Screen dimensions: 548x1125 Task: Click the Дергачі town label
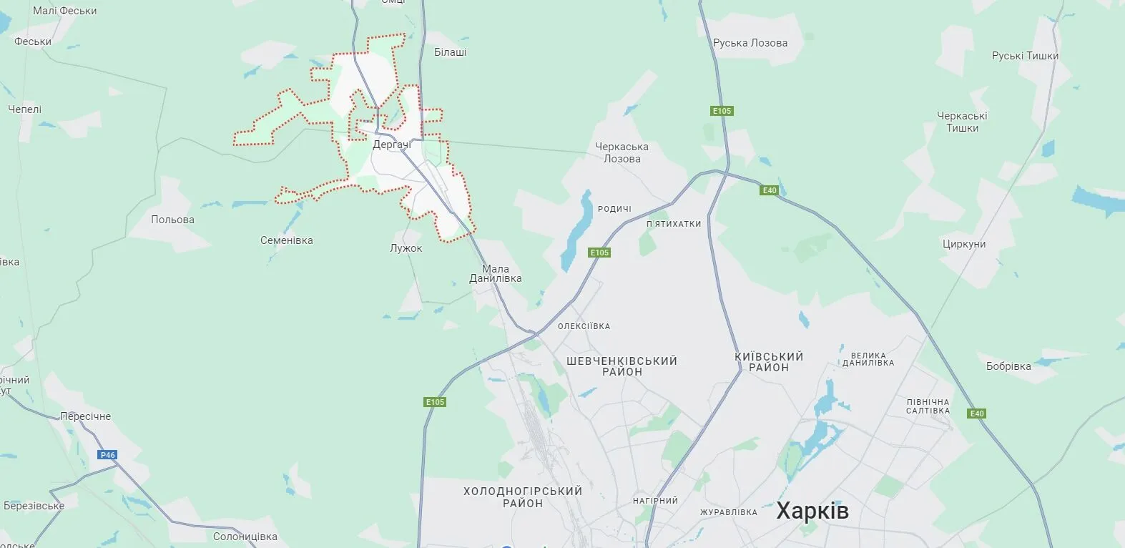[392, 145]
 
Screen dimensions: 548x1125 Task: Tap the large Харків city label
[812, 511]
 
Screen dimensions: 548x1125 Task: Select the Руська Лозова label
[750, 43]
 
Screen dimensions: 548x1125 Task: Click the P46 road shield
[108, 455]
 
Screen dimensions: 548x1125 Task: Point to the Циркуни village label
[964, 244]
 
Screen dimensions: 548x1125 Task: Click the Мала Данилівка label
[495, 274]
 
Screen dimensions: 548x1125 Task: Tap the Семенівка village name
[286, 240]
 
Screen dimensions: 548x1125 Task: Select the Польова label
[172, 220]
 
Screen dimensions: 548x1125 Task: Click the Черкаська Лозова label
[622, 152]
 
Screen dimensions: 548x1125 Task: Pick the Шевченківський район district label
[622, 366]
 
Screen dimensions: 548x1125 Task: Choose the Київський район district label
[769, 362]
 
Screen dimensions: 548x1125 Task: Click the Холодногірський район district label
[523, 497]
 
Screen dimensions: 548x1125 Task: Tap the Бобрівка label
[1008, 366]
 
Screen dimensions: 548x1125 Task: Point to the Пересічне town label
[85, 416]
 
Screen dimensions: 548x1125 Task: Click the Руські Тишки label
[1025, 56]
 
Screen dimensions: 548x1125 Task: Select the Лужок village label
[406, 248]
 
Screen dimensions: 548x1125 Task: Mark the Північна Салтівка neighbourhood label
[928, 406]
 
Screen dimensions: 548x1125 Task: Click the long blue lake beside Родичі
[577, 229]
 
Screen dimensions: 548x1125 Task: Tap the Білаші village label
[451, 52]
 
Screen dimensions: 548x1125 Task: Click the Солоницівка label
[245, 537]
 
